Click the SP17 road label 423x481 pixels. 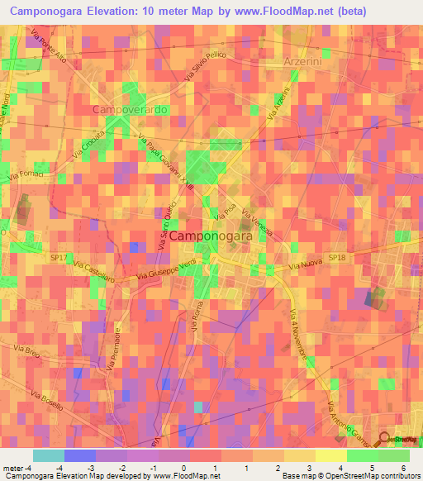(58, 258)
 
